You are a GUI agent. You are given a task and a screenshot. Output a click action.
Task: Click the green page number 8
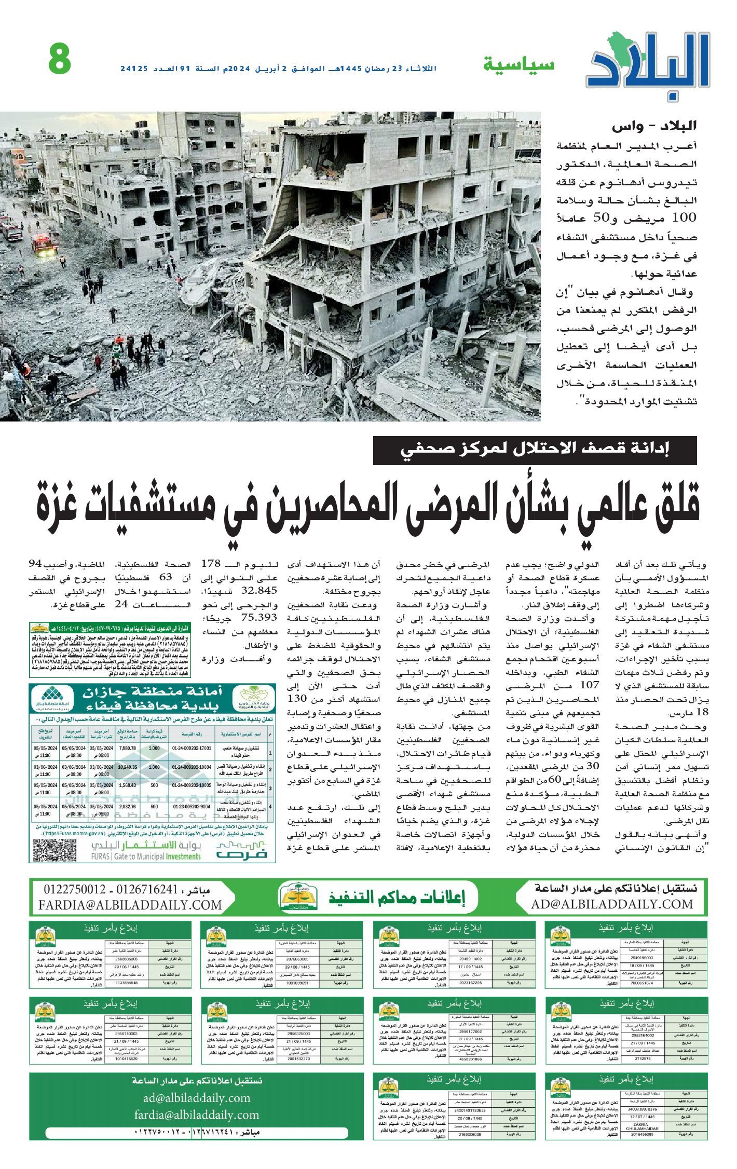click(x=60, y=59)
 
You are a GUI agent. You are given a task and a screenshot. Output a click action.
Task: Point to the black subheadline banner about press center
click(x=535, y=451)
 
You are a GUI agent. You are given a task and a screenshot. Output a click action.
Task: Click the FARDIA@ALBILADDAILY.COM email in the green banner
click(x=130, y=905)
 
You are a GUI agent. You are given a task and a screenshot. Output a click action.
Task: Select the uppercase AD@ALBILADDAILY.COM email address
click(x=612, y=904)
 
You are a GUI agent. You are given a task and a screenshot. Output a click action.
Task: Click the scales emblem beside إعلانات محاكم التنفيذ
click(x=294, y=896)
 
